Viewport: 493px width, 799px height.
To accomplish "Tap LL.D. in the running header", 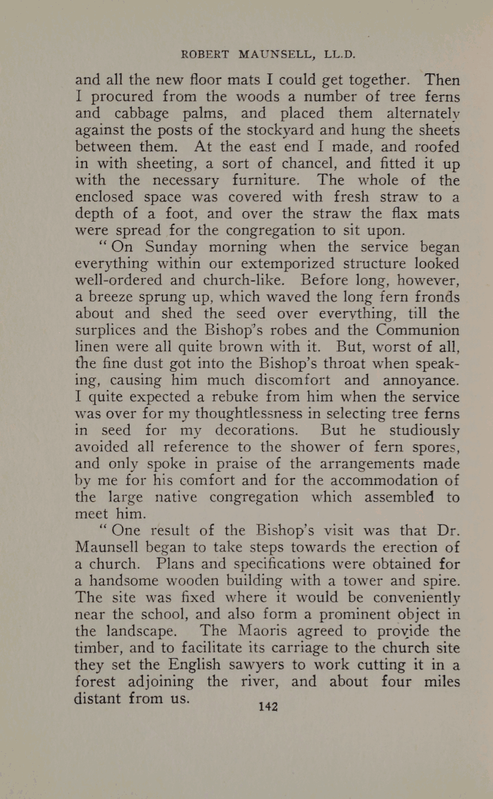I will pos(335,54).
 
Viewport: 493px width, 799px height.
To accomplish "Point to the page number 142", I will pos(269,706).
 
